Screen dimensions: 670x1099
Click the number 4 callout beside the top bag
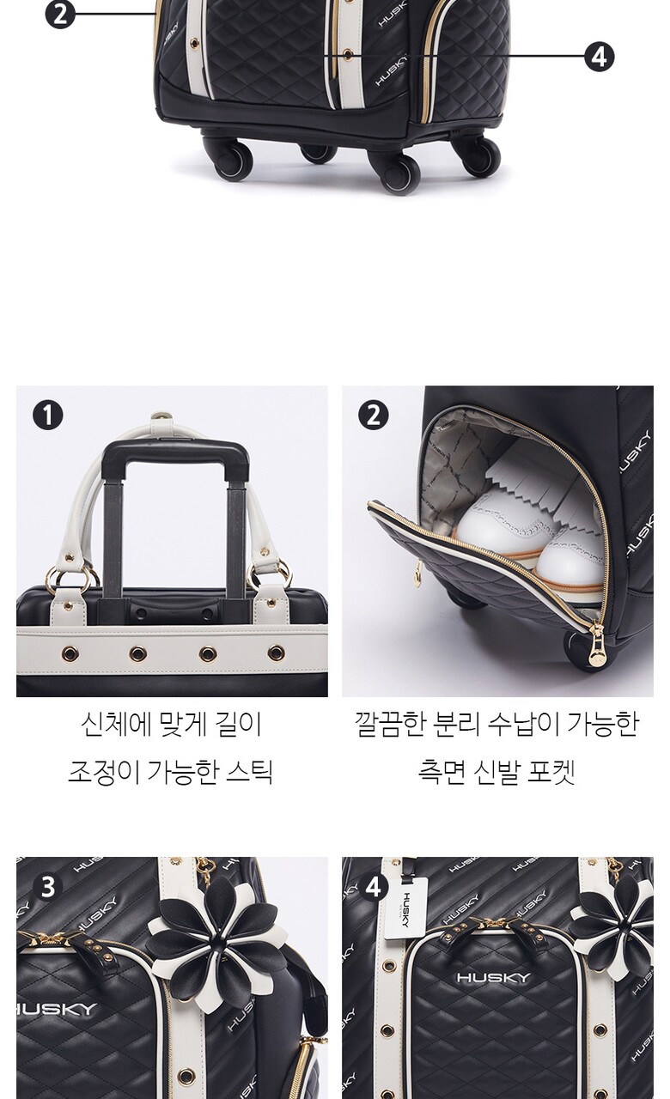[599, 57]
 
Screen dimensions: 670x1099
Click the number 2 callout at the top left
[60, 15]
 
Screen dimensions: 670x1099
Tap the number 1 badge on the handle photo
[47, 415]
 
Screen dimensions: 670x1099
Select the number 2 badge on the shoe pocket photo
[373, 415]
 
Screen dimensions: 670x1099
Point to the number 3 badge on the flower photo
[47, 888]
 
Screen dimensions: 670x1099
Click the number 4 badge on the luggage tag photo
[373, 888]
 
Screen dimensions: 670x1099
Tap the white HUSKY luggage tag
[405, 908]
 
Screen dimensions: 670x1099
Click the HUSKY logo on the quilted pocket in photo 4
[493, 977]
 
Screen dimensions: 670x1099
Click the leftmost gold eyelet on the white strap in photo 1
[70, 653]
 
